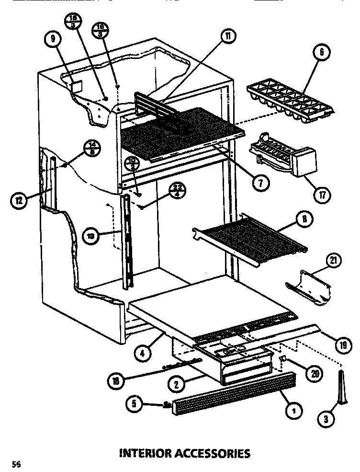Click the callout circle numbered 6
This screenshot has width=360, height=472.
point(321,52)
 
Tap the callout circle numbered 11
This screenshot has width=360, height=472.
point(229,35)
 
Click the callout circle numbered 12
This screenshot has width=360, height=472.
point(18,201)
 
